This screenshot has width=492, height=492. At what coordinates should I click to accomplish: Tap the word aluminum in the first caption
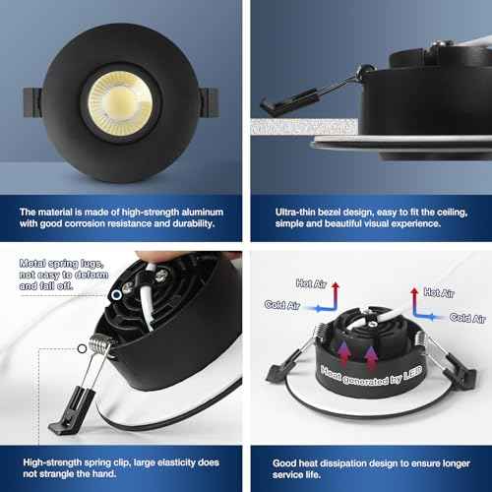coord(203,213)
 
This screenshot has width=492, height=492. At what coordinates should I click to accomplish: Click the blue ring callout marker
coord(116,295)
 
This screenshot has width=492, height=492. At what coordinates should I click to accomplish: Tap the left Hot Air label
coord(311,283)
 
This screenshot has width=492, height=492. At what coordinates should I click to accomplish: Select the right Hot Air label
coord(439,292)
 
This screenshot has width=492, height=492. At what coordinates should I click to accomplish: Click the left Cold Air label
coord(282,305)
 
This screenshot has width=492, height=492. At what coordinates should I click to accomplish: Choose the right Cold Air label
coord(467,318)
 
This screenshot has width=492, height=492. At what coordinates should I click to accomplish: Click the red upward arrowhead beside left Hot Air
coord(336,285)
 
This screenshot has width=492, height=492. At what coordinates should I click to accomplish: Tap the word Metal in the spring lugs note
coord(32,264)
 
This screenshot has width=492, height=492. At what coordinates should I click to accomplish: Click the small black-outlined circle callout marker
coord(82,348)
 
